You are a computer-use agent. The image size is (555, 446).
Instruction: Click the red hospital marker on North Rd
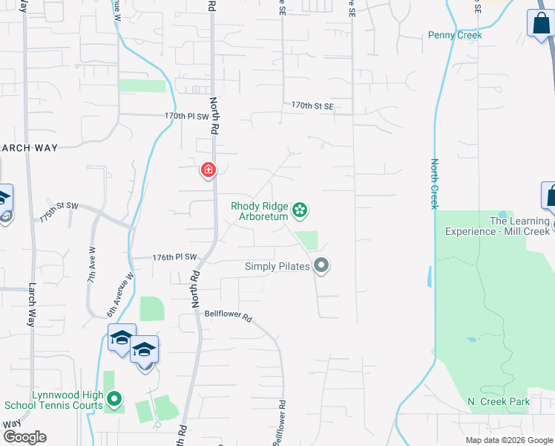pyautogui.click(x=208, y=170)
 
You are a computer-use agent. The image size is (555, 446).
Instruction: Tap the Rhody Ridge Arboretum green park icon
pyautogui.click(x=300, y=211)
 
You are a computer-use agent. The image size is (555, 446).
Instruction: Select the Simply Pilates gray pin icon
pyautogui.click(x=321, y=265)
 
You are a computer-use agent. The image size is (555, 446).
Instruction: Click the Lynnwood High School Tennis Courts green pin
pyautogui.click(x=114, y=401)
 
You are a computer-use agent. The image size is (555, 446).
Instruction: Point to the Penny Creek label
pyautogui.click(x=455, y=35)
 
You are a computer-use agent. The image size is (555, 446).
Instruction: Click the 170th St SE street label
pyautogui.click(x=312, y=106)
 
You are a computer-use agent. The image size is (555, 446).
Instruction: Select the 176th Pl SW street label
pyautogui.click(x=174, y=257)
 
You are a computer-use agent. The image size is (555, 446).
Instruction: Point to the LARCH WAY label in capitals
pyautogui.click(x=28, y=148)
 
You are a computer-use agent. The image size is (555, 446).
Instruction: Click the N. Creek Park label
pyautogui.click(x=499, y=402)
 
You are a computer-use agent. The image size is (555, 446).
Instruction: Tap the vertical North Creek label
pyautogui.click(x=435, y=184)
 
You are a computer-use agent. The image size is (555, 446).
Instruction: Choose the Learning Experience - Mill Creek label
pyautogui.click(x=499, y=226)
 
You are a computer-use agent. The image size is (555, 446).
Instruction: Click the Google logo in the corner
pyautogui.click(x=24, y=437)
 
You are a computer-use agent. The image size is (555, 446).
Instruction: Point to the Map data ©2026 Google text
pyautogui.click(x=508, y=440)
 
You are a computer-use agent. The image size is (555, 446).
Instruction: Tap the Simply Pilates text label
pyautogui.click(x=277, y=266)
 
